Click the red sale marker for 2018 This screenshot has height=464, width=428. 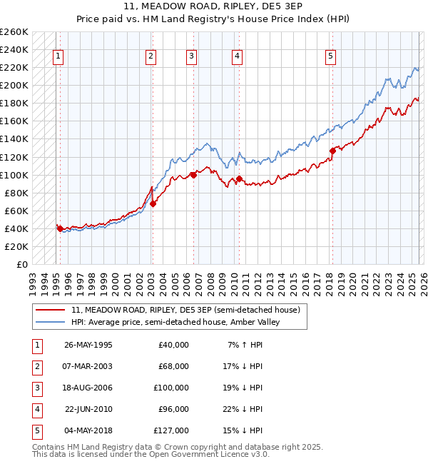coord(332,150)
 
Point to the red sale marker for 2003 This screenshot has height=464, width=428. coord(153,203)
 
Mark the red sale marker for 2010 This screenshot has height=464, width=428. coord(239,178)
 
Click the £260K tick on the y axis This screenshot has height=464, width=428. coord(14,32)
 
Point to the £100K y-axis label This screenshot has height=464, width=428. coord(14,175)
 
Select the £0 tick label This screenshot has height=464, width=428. coord(23,265)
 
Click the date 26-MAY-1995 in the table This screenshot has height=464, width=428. coord(88,345)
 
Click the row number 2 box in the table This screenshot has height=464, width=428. coord(36,366)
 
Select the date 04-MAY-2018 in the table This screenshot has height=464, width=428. coord(88,430)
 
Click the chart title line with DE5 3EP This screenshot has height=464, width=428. coord(213,9)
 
